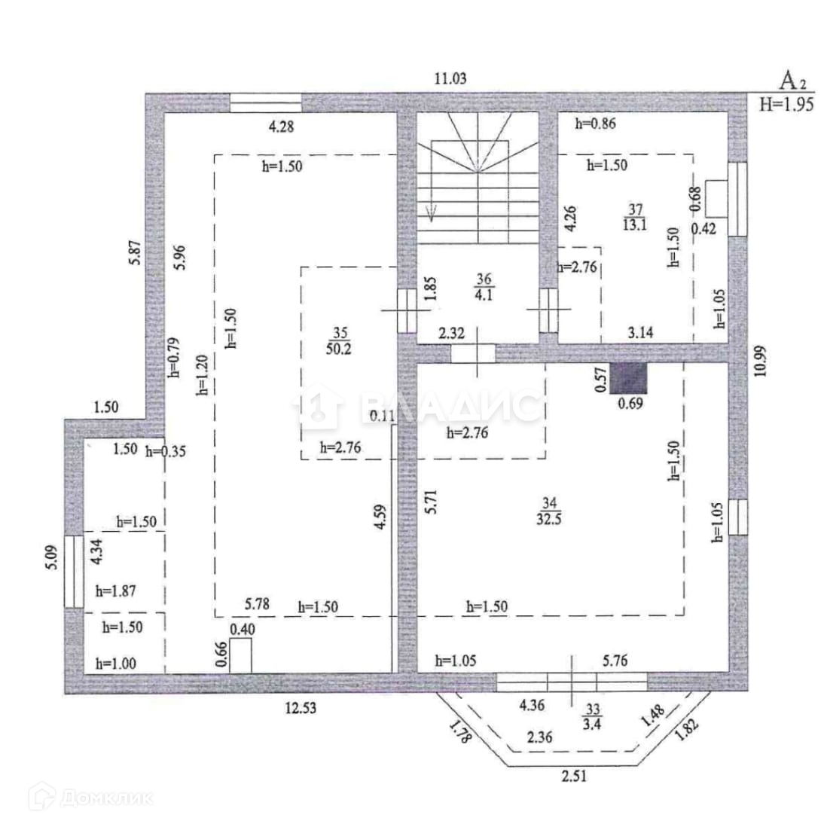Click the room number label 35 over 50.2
(x=340, y=340)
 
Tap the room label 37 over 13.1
(x=633, y=215)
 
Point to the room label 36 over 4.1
(x=483, y=288)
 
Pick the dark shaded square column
(x=628, y=379)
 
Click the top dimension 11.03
(x=450, y=78)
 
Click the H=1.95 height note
(x=786, y=105)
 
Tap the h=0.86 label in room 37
(x=595, y=124)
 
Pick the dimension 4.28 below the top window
(x=281, y=126)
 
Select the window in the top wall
(x=265, y=103)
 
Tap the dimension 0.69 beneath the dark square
(x=630, y=403)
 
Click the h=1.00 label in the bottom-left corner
(x=116, y=664)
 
